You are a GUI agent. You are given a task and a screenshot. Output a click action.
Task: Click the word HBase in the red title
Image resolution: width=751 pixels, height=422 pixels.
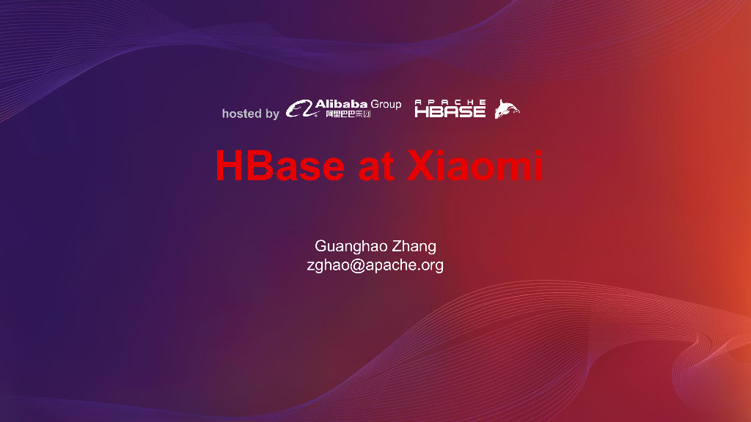[x=279, y=166]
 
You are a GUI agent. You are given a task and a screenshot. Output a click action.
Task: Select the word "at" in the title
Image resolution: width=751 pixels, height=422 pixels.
[x=374, y=167]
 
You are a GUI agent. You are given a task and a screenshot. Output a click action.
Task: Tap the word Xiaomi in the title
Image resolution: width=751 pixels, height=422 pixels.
[x=476, y=166]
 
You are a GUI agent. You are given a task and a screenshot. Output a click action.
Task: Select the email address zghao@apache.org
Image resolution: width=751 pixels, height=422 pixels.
[x=375, y=265]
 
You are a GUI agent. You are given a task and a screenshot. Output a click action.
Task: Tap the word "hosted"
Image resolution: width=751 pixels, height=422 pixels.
[x=241, y=114]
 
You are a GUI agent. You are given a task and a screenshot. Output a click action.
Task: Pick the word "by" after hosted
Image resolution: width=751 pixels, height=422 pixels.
[x=272, y=114]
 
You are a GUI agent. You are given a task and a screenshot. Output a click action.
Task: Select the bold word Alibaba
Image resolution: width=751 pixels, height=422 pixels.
[x=341, y=104]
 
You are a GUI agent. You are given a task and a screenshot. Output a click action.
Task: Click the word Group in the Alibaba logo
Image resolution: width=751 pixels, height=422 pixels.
[x=386, y=104]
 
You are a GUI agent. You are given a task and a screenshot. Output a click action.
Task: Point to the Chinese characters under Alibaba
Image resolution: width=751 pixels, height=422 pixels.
[x=348, y=114]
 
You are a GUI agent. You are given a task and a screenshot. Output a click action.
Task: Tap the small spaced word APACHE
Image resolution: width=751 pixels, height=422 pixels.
[x=450, y=102]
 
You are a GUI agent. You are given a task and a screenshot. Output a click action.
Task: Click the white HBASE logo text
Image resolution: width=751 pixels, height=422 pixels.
[x=450, y=111]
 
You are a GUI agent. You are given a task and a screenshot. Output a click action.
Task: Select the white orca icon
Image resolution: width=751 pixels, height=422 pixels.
[x=507, y=109]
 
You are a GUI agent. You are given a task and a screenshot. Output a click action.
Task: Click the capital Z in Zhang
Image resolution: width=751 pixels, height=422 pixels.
[x=397, y=246]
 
